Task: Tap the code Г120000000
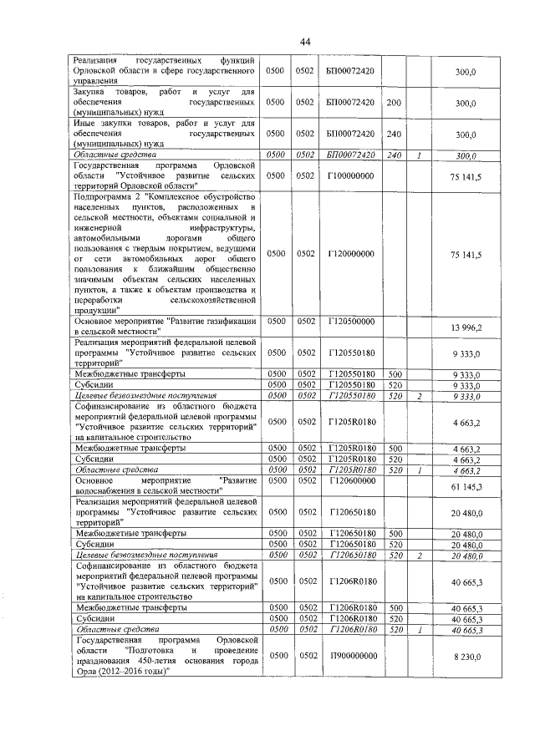click(x=350, y=253)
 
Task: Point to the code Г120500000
click(x=350, y=320)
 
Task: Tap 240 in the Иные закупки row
click(x=395, y=133)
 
